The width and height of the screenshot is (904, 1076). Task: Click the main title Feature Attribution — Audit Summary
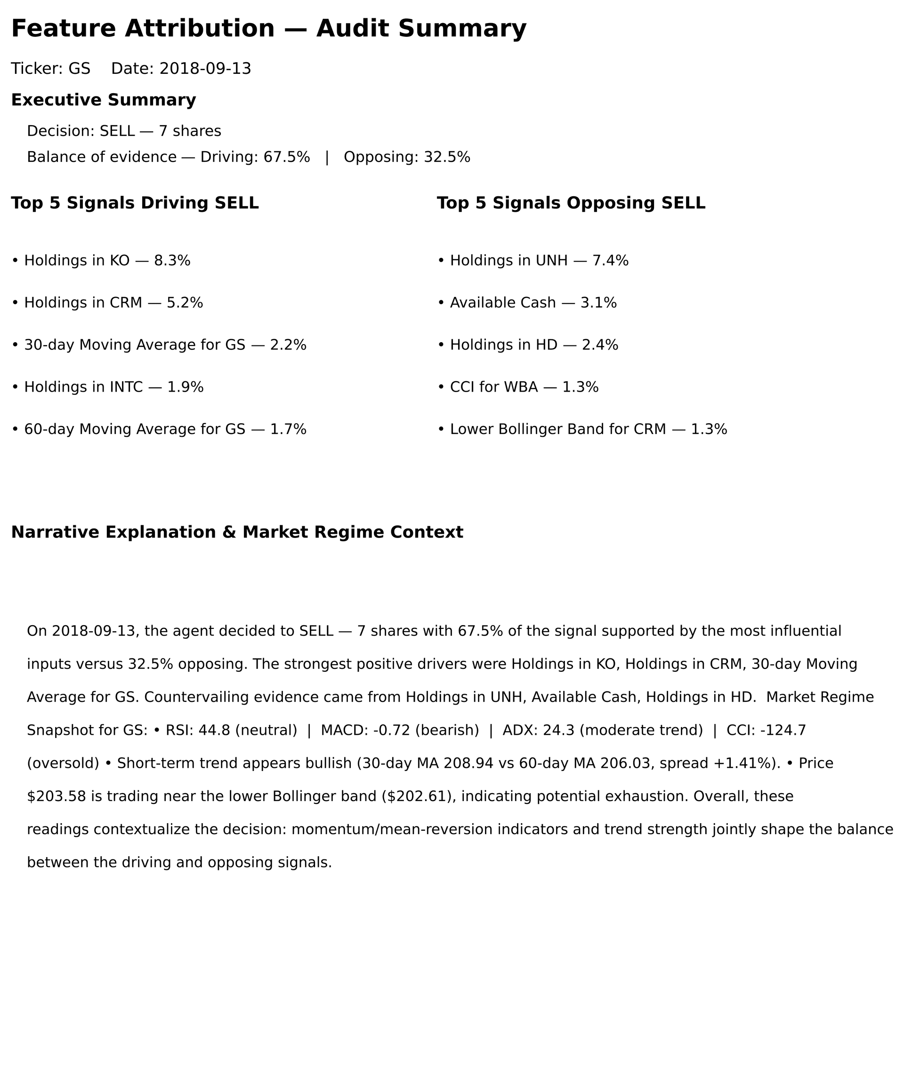(268, 29)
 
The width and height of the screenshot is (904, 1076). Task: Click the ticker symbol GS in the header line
(80, 69)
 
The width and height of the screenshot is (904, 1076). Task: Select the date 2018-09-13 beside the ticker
(205, 69)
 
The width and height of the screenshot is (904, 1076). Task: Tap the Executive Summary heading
(104, 100)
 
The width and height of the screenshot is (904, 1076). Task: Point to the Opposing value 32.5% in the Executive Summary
(447, 157)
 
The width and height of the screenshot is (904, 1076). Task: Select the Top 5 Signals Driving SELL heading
(135, 203)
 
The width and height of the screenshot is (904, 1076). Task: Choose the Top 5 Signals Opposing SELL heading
(571, 203)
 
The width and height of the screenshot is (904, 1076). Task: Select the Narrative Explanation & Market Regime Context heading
(237, 532)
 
